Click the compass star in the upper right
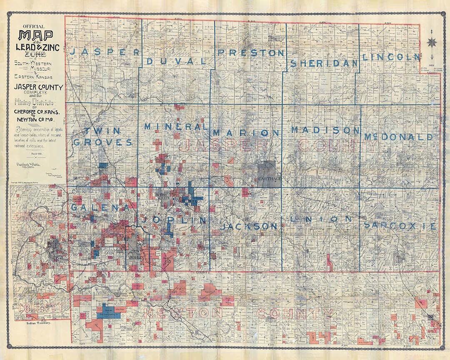click(x=432, y=42)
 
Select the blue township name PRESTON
click(x=251, y=53)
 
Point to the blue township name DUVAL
click(x=177, y=61)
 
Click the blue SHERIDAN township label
click(x=324, y=63)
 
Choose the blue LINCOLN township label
click(x=390, y=57)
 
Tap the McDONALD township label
click(x=399, y=137)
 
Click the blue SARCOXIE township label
click(x=400, y=226)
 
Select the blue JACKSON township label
click(x=249, y=226)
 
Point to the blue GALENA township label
click(x=98, y=207)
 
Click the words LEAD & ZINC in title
click(x=37, y=48)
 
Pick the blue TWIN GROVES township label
click(x=103, y=137)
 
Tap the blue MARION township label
click(x=247, y=133)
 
